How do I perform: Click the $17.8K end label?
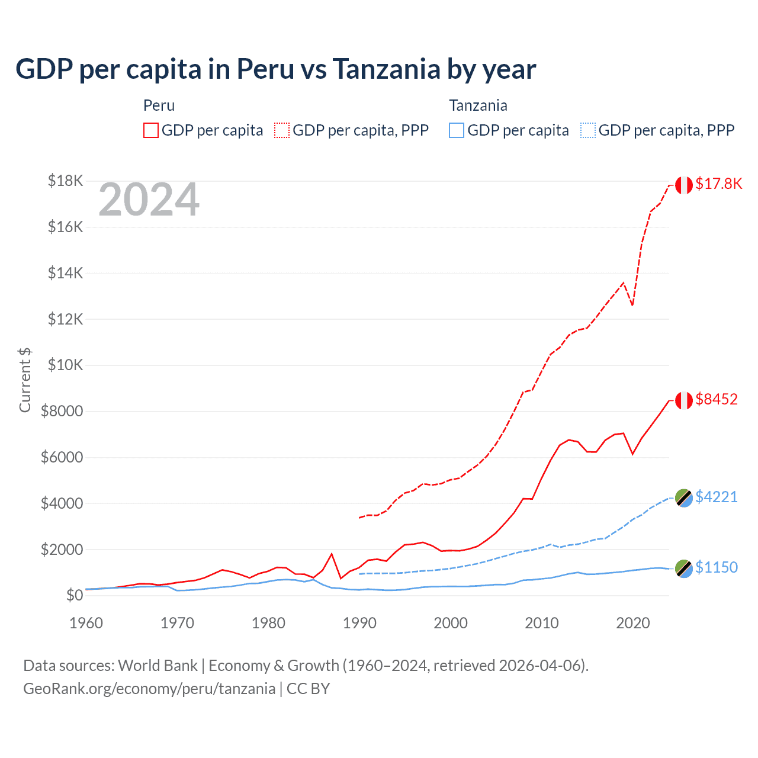(718, 184)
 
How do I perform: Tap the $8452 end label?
(717, 399)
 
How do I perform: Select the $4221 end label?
(717, 496)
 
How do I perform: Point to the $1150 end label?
(717, 567)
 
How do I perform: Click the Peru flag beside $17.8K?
(684, 185)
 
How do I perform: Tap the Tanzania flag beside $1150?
(684, 568)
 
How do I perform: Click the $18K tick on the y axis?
(65, 181)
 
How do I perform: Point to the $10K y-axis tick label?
(65, 365)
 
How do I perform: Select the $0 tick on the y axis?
(74, 595)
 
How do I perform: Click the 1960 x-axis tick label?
(86, 623)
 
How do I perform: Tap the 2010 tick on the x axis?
(542, 623)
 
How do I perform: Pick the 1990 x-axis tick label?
(359, 623)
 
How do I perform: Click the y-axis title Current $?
(25, 380)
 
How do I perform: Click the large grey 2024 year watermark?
(149, 200)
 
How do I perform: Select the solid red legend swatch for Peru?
(151, 130)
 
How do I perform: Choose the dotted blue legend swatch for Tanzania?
(588, 130)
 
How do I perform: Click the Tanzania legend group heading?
(478, 105)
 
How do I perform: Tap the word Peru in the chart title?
(265, 69)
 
